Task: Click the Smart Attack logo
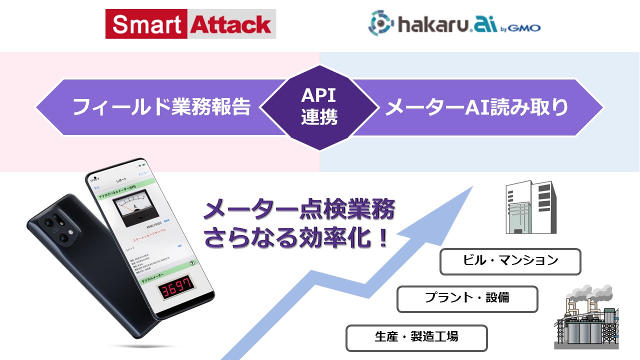(x=190, y=23)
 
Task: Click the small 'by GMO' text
(x=520, y=28)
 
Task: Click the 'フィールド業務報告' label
(x=161, y=107)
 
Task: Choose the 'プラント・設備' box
(x=467, y=298)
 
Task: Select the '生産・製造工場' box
(x=416, y=337)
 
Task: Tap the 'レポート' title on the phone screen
(x=121, y=179)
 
